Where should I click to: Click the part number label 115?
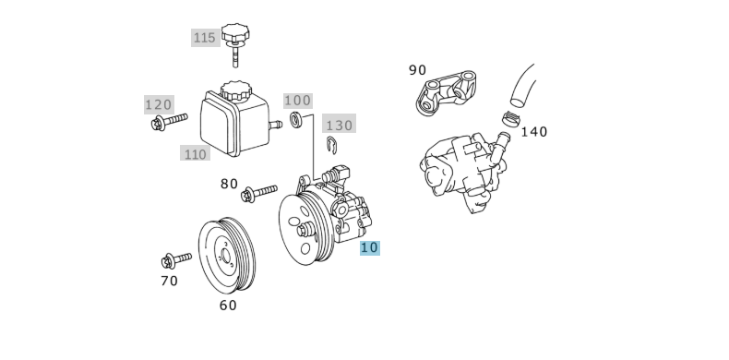[204, 38]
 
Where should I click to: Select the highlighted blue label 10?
[369, 247]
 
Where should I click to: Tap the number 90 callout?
[417, 70]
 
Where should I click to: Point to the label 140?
[533, 132]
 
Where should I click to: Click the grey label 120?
[159, 104]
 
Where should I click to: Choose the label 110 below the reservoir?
[195, 154]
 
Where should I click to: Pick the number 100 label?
[297, 101]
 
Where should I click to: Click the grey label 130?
[339, 125]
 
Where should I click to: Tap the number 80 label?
[229, 184]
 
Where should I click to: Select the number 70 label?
[169, 281]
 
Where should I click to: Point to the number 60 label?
[227, 306]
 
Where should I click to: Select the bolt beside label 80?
[257, 193]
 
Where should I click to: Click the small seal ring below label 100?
[297, 120]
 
